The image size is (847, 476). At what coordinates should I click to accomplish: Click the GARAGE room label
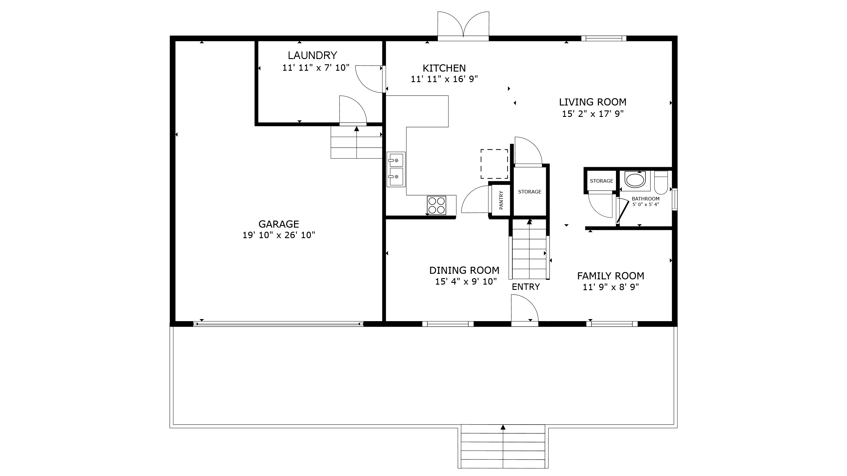(x=278, y=224)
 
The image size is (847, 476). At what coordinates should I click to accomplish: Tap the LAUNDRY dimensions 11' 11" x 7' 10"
(x=316, y=68)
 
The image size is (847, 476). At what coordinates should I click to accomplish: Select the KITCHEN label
(x=444, y=68)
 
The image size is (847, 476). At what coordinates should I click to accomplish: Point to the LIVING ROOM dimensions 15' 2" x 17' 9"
(x=593, y=114)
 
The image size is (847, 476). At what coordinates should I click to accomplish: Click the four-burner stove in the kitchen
(x=436, y=205)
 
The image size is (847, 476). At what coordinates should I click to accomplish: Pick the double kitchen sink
(x=396, y=169)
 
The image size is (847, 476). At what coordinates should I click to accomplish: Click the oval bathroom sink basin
(x=635, y=180)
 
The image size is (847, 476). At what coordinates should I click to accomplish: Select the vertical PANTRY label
(x=501, y=200)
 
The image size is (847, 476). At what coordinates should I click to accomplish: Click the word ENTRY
(x=526, y=287)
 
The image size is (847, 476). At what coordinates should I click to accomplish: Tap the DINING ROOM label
(x=464, y=270)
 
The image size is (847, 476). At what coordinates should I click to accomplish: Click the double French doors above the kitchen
(x=463, y=26)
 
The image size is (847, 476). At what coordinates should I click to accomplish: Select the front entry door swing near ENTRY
(x=524, y=309)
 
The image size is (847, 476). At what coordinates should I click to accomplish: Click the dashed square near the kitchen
(x=494, y=164)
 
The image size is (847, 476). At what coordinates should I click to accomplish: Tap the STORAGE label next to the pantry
(x=529, y=192)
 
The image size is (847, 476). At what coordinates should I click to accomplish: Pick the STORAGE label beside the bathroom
(x=601, y=181)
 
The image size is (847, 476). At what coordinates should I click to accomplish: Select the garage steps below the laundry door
(x=357, y=143)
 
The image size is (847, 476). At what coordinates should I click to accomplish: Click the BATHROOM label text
(x=645, y=199)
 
